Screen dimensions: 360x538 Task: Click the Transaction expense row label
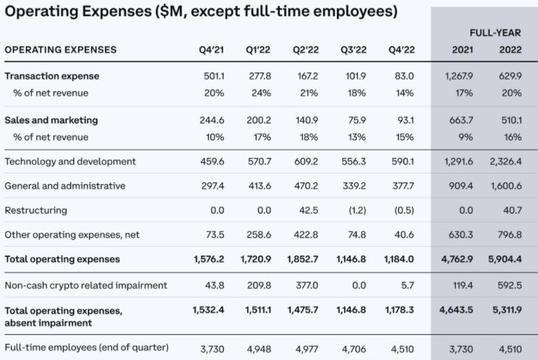(51, 77)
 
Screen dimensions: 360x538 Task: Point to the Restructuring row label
(36, 210)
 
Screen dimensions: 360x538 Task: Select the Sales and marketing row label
(51, 120)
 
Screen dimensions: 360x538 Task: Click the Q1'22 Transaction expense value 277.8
(257, 77)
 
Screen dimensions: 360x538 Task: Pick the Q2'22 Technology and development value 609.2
(305, 161)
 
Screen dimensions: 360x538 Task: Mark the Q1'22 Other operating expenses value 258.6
(257, 235)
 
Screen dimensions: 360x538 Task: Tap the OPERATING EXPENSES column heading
(60, 49)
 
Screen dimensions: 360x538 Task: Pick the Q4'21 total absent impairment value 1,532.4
(208, 311)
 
